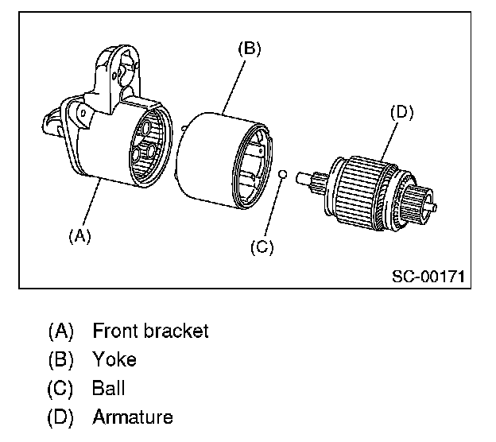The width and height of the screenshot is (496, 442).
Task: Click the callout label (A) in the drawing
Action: point(80,235)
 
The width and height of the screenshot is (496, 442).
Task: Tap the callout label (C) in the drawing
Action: point(262,247)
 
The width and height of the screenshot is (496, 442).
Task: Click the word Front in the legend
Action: point(117,331)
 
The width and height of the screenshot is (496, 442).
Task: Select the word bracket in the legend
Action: point(178,331)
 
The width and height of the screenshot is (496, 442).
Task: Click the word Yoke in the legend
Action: point(114,359)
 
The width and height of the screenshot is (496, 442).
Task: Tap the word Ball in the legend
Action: point(109,389)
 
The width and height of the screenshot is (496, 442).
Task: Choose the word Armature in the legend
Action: point(132,417)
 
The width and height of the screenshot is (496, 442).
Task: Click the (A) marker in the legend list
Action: point(61,331)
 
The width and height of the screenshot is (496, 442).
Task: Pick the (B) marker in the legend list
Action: point(61,359)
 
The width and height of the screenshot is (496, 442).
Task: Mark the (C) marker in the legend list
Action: point(61,389)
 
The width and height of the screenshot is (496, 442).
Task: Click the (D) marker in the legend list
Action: point(61,417)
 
